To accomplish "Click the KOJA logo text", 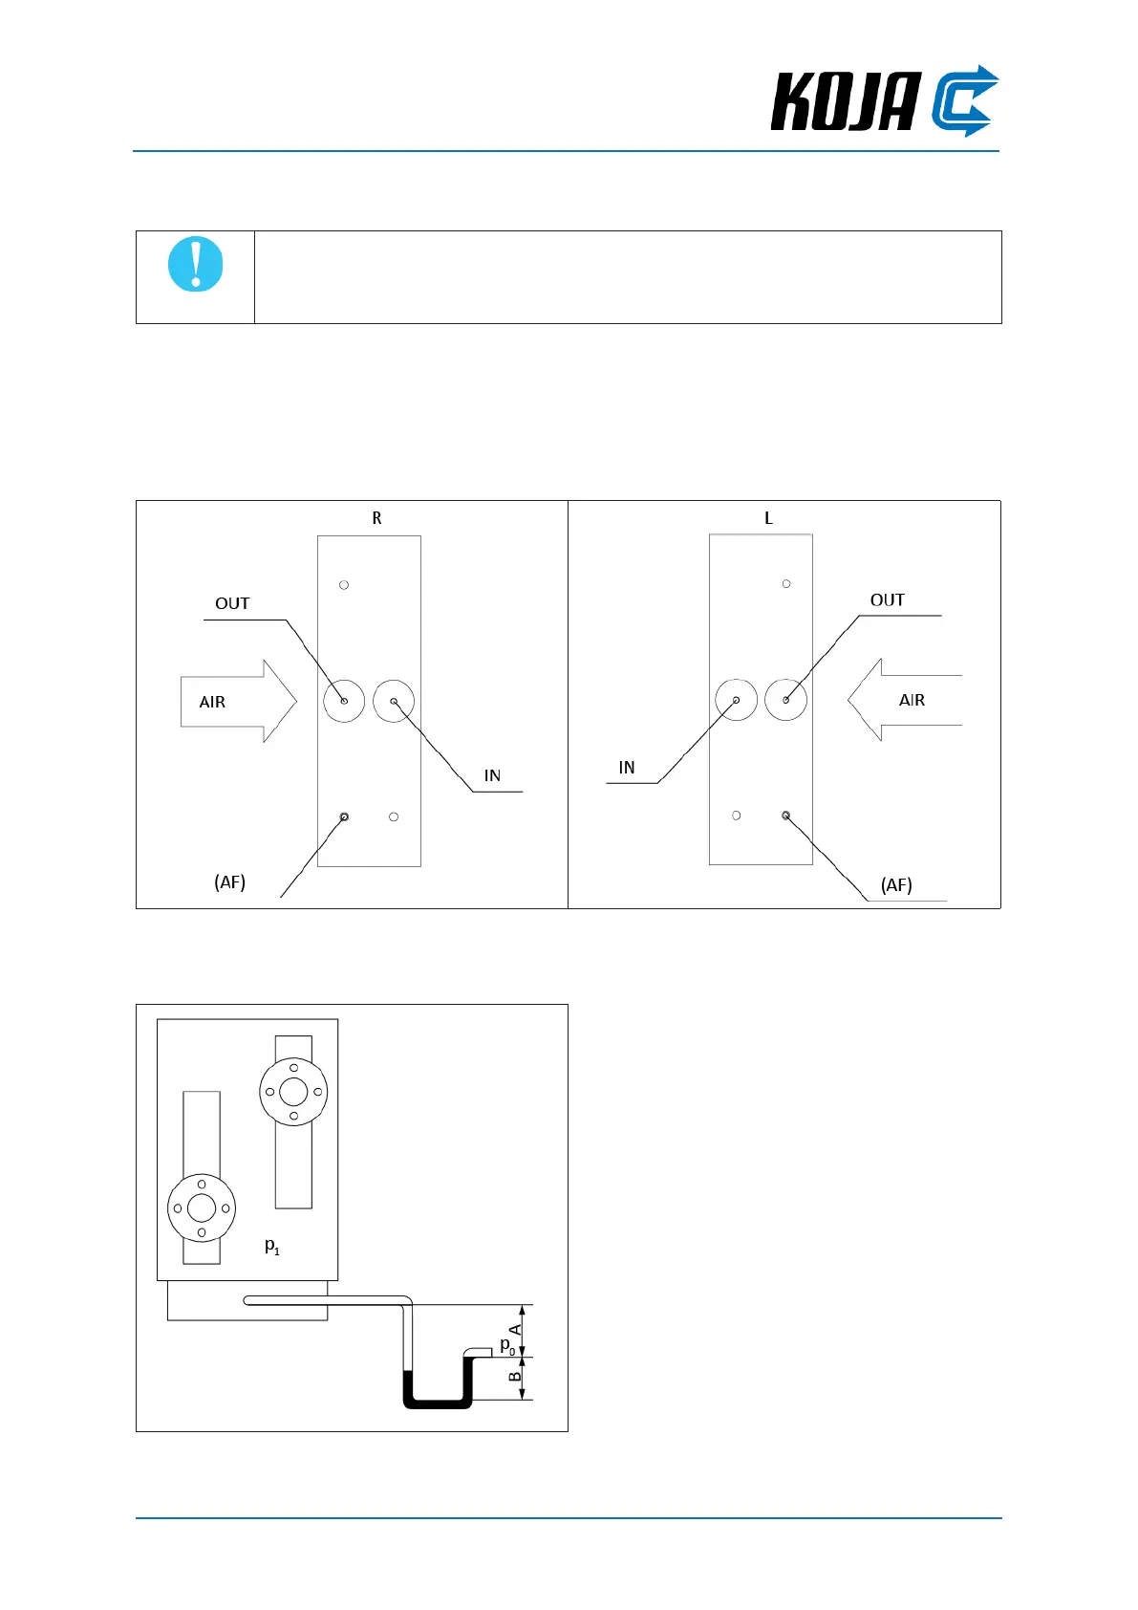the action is (845, 102).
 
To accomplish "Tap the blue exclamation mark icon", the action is (196, 264).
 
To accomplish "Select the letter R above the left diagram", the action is (376, 518).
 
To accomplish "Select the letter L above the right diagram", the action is (768, 518).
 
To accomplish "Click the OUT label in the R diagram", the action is (232, 603).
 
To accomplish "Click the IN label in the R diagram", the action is (492, 775).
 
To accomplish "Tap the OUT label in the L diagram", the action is (887, 599).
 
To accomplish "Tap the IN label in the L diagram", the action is (627, 768).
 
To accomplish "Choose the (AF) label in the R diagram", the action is (229, 881).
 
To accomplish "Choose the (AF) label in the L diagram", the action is (896, 884).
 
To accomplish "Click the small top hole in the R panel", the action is (344, 584).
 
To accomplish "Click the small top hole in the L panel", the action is (786, 583).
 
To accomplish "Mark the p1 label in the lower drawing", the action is (272, 1246).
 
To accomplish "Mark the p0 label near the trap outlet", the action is (507, 1345).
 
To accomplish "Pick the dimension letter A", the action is (515, 1330).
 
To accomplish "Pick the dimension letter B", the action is (515, 1377).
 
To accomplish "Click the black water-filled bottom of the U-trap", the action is (438, 1403).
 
